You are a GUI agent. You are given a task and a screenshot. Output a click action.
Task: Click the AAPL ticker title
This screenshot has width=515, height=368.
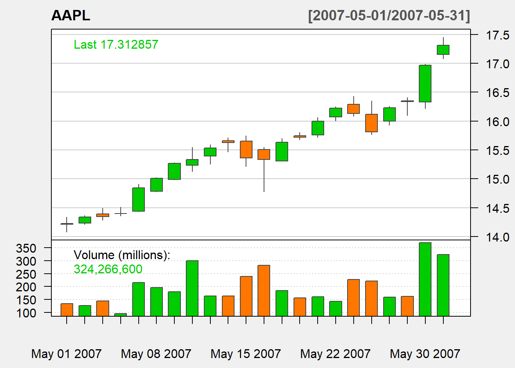point(71,16)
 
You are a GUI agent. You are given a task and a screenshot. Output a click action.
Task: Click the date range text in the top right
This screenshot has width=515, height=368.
point(389,16)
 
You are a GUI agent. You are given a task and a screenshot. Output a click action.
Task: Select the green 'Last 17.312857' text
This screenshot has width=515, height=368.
point(116,44)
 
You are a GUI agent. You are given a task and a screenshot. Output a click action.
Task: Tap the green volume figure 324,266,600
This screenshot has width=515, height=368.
point(108,269)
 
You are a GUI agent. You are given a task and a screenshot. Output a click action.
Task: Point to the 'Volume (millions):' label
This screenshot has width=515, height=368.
point(121,255)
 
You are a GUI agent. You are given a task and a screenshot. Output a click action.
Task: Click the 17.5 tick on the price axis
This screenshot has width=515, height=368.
point(497,35)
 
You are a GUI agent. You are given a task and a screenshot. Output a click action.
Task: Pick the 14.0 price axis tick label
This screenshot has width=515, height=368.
point(497,237)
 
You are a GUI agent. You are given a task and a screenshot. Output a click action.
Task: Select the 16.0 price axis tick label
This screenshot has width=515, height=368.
point(497,122)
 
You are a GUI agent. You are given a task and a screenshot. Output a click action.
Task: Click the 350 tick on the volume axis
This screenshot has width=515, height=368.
point(26,248)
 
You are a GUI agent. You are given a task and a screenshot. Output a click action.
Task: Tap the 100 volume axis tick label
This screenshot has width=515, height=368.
point(26,313)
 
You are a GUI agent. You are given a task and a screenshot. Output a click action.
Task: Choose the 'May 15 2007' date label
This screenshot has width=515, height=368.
point(246,353)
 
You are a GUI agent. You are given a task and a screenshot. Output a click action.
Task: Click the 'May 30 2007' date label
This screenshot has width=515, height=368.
point(425,353)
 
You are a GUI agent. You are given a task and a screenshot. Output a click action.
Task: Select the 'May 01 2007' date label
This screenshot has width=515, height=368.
point(66,353)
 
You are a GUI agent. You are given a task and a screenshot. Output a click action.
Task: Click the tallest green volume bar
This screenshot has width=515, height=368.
point(425,279)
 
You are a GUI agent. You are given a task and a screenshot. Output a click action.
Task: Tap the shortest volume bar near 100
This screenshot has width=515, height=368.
point(120,315)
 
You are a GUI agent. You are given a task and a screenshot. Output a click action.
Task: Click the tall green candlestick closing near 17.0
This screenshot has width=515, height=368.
point(425,84)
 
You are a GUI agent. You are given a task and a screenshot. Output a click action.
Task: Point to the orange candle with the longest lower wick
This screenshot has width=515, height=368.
point(264,154)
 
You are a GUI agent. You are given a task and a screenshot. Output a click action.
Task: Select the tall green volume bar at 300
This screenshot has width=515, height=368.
point(192,288)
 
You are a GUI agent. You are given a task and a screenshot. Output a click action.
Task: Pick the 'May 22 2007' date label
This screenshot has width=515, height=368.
point(335,353)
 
